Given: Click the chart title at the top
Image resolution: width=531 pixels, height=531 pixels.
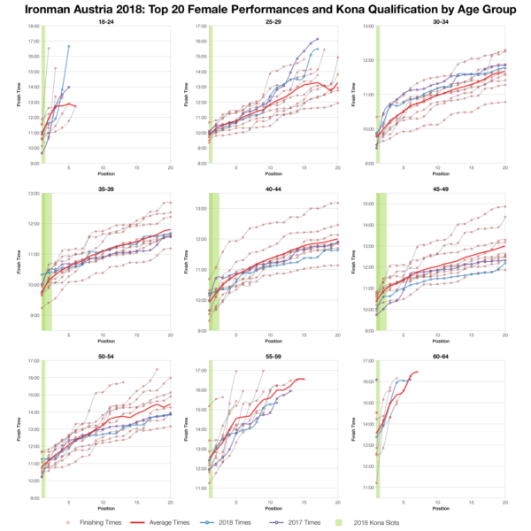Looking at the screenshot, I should pos(265,8).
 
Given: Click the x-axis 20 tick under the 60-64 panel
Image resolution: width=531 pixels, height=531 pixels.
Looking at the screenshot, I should pos(504,503).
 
